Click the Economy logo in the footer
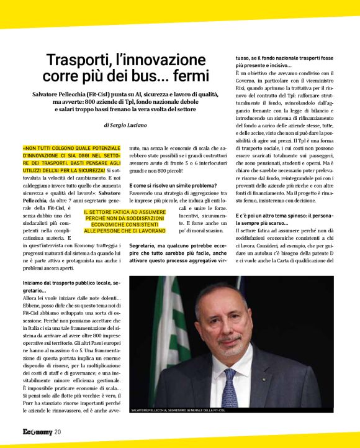click(x=37, y=432)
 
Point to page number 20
click(x=58, y=432)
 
